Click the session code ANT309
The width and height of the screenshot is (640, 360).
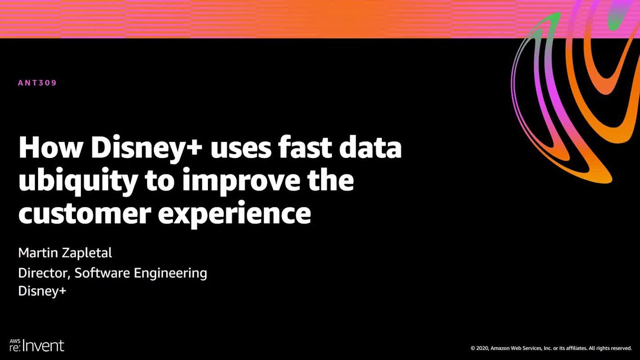point(37,83)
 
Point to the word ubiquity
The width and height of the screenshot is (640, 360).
point(77,182)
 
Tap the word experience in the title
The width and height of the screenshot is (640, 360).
point(234,215)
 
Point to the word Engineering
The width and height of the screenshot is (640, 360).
point(170,273)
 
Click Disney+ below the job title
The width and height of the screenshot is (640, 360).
point(42,291)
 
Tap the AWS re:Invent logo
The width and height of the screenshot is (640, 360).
point(36,345)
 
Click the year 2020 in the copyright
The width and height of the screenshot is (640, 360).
point(482,348)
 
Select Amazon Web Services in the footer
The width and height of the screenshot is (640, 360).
point(517,348)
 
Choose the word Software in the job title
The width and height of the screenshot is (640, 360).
point(102,273)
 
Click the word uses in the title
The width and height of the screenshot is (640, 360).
point(240,150)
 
